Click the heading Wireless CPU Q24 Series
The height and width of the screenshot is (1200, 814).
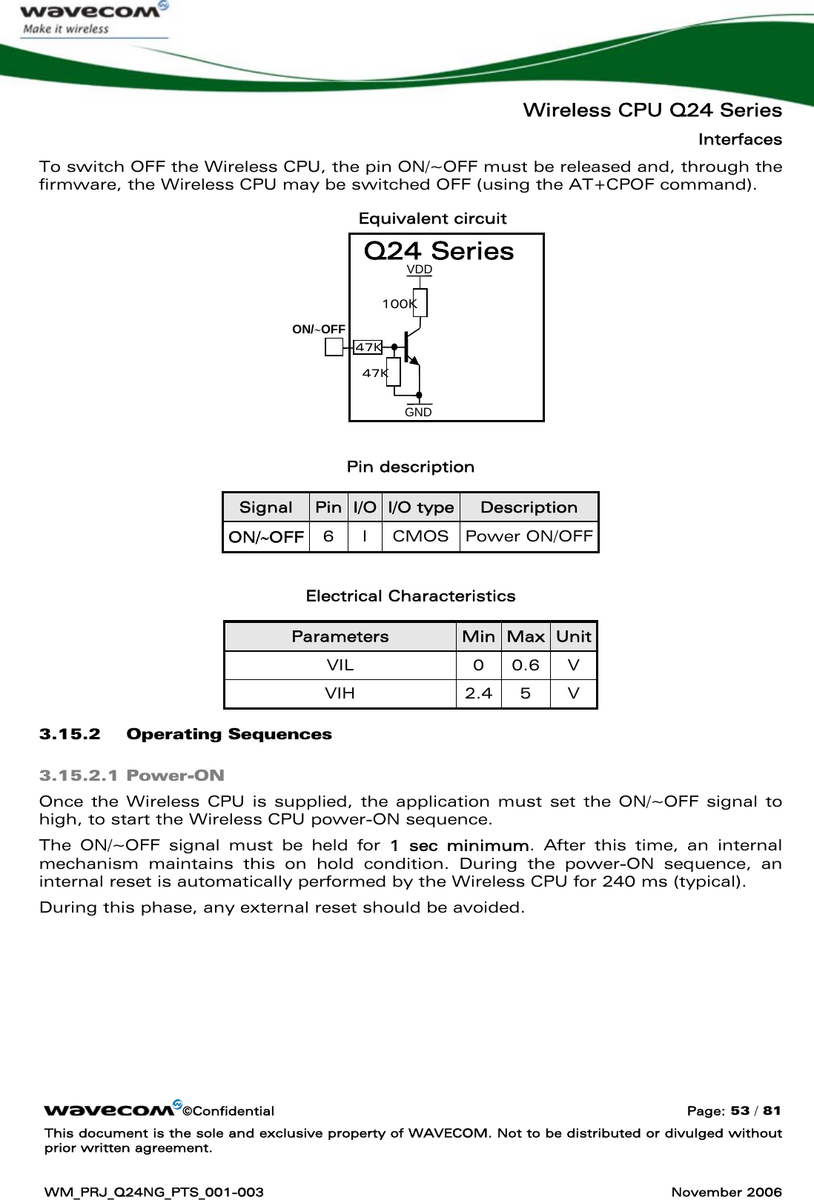[652, 111]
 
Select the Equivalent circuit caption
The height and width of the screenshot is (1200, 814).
[432, 219]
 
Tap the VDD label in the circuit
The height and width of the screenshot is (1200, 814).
[420, 270]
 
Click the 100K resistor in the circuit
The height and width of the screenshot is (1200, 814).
[420, 303]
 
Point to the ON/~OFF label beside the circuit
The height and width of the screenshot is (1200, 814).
[319, 329]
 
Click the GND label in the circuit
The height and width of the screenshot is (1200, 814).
[419, 412]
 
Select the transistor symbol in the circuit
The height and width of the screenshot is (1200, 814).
[410, 348]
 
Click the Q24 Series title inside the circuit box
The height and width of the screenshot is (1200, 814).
[439, 251]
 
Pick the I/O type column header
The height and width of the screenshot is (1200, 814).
[421, 507]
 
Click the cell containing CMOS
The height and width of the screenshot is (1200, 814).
[420, 536]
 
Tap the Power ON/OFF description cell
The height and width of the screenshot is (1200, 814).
[529, 536]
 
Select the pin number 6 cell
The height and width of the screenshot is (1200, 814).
[328, 536]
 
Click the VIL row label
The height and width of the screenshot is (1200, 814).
[340, 665]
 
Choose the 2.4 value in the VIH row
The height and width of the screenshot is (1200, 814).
[478, 694]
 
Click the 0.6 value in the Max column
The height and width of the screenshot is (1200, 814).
[526, 665]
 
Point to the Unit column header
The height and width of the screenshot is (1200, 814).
[573, 636]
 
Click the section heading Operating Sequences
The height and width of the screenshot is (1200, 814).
[229, 735]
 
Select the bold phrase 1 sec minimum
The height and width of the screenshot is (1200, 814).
[459, 846]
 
